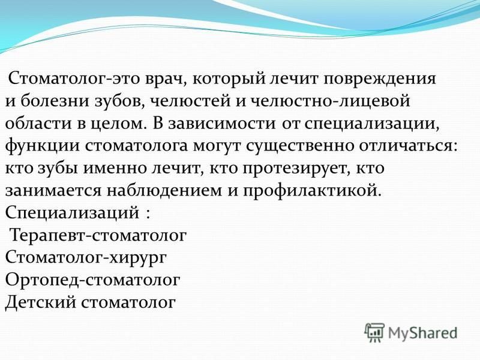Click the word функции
(x=43, y=146)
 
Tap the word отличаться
(x=408, y=146)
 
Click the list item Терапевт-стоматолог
(x=98, y=236)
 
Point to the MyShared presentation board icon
(x=374, y=332)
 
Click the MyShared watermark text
(x=423, y=332)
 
